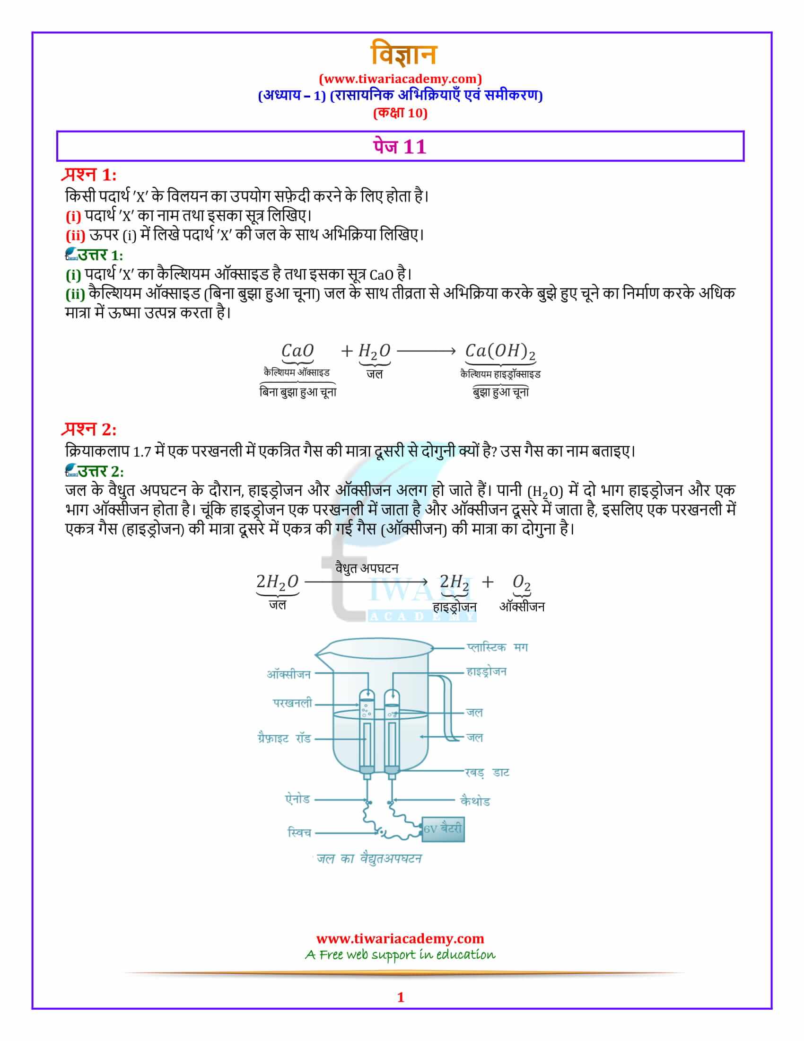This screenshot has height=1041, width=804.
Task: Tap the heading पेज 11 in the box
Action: [x=400, y=146]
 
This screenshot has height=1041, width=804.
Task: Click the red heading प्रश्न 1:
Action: [x=88, y=175]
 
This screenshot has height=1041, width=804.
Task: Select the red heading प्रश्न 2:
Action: [x=88, y=430]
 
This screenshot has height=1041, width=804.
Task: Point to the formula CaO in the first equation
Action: [x=297, y=351]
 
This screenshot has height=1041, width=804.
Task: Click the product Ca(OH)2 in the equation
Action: [x=500, y=351]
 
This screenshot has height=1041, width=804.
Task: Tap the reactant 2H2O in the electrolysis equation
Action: [x=277, y=582]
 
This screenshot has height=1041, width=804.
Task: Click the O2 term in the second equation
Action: [x=522, y=582]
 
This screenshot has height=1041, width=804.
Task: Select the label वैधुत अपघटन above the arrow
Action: [x=367, y=568]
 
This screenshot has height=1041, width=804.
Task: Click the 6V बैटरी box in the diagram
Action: [x=443, y=829]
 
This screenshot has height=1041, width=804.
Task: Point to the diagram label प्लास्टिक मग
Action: [x=497, y=647]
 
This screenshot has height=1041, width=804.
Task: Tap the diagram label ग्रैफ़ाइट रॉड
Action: [x=284, y=739]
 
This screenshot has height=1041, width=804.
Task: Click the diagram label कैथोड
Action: [x=475, y=801]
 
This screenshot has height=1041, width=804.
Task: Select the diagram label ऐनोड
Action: [x=297, y=799]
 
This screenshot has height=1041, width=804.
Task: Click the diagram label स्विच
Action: [x=299, y=833]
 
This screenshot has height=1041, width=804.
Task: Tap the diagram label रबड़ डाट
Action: [x=487, y=773]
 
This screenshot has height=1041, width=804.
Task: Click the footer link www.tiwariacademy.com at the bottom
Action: [x=400, y=938]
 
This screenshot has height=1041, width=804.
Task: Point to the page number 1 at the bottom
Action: [x=401, y=997]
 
